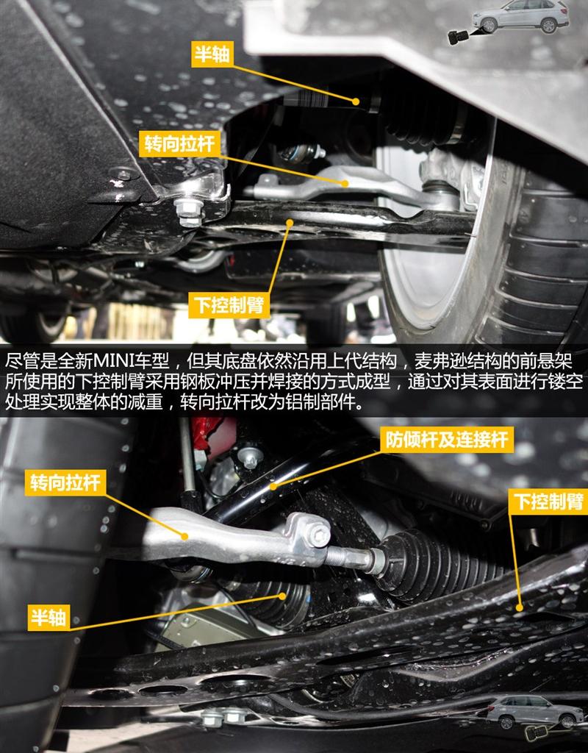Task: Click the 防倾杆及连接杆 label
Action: (x=447, y=440)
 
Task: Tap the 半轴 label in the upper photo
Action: (x=212, y=54)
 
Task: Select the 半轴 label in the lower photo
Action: (x=48, y=617)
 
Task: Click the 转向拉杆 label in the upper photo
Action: (x=179, y=143)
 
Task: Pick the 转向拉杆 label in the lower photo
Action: (x=65, y=482)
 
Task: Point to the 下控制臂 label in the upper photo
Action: (x=229, y=305)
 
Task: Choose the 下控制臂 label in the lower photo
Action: (x=548, y=502)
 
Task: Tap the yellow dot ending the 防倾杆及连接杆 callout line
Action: (x=273, y=487)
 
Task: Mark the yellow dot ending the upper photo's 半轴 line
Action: (x=355, y=101)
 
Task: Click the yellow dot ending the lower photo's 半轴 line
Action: (x=282, y=596)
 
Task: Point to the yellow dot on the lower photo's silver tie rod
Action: (x=184, y=536)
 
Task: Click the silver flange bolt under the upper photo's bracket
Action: (x=190, y=211)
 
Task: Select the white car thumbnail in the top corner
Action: (x=520, y=16)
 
